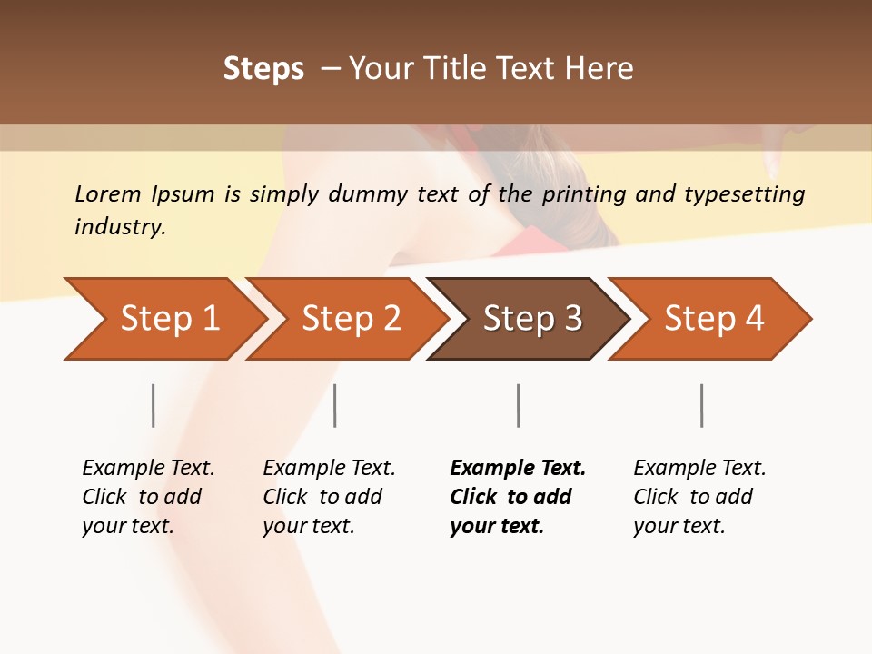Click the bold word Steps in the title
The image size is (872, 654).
pos(263,69)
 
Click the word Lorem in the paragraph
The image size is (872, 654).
pos(108,194)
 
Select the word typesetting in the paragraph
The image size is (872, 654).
pos(748,194)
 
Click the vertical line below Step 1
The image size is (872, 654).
pos(154,405)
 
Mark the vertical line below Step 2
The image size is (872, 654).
pos(335,405)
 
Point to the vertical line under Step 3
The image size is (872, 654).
pos(518,405)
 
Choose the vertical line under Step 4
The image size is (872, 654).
pos(701,405)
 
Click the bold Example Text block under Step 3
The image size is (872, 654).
pos(518,497)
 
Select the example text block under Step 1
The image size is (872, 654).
pos(148,497)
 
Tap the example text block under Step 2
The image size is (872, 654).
pos(329,497)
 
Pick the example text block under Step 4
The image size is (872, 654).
pos(699,497)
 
